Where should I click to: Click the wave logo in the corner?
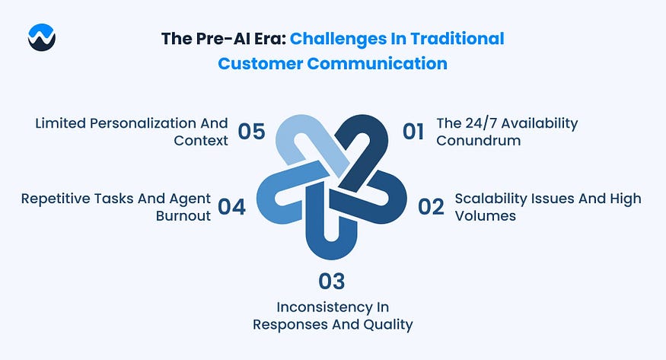42,37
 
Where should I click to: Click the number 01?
413,132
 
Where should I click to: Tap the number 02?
431,207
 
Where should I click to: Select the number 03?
332,282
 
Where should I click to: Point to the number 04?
232,207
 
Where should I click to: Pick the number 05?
251,132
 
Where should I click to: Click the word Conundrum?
478,141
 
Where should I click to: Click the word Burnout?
183,216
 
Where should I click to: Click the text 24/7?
481,123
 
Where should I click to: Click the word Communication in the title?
378,64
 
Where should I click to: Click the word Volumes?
485,216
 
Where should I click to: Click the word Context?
201,141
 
